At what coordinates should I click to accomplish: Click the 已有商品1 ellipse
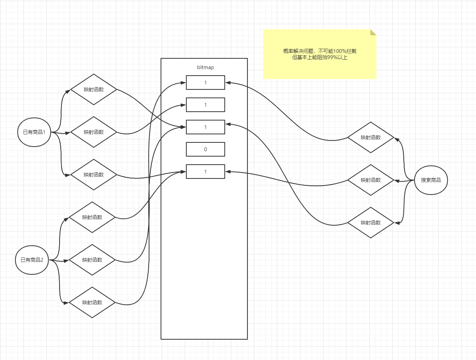[34, 132]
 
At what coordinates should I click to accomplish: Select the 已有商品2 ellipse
[32, 260]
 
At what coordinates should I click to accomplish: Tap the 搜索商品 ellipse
[431, 180]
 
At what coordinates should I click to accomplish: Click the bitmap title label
[205, 67]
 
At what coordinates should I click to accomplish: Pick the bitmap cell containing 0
[205, 149]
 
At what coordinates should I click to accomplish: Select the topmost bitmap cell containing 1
[205, 83]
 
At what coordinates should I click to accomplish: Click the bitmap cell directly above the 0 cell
[205, 127]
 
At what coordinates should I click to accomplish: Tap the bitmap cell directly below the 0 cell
[205, 172]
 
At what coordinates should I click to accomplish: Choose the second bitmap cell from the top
[205, 105]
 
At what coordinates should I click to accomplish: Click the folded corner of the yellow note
[373, 32]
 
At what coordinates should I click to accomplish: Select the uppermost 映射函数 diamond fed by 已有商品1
[94, 89]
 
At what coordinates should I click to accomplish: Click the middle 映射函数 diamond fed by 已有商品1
[94, 132]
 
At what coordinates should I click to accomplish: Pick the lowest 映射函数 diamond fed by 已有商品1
[94, 175]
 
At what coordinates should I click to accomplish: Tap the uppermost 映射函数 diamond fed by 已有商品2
[92, 217]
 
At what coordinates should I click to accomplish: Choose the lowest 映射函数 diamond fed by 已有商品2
[92, 302]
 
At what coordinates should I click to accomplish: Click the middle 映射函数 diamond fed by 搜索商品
[371, 180]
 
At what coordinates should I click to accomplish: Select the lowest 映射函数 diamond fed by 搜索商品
[371, 223]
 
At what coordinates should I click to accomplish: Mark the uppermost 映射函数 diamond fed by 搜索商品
[371, 137]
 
